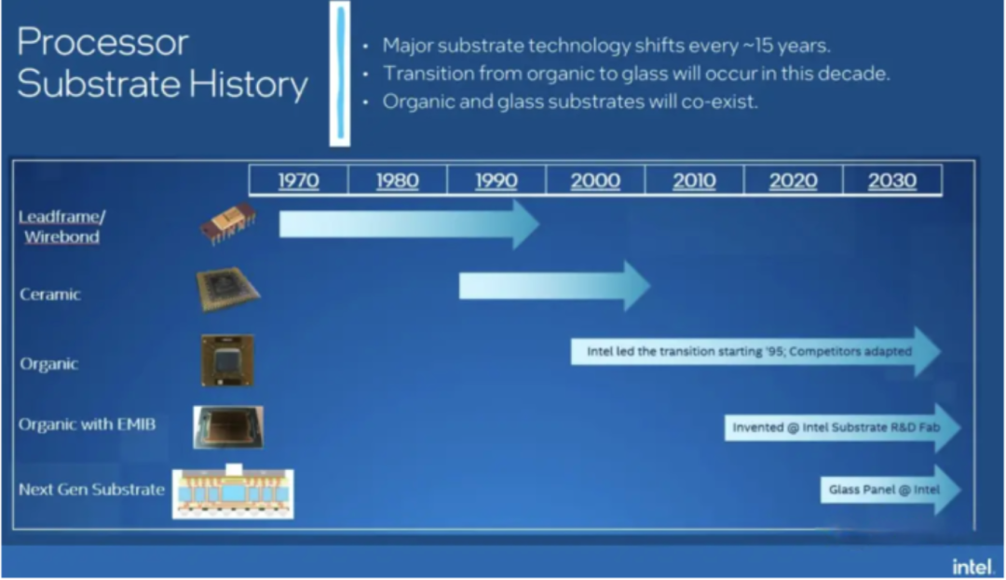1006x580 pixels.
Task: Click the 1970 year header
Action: (298, 180)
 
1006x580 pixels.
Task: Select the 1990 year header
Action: (496, 180)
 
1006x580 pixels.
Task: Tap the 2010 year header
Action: (694, 180)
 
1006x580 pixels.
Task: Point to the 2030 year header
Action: (892, 180)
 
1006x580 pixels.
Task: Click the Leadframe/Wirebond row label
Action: (61, 226)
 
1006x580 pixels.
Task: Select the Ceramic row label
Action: (50, 294)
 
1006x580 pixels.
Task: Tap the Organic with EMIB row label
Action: (87, 425)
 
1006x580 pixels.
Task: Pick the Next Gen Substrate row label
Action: (91, 490)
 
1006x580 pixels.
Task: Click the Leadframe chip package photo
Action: (228, 223)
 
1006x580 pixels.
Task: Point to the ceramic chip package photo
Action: (228, 290)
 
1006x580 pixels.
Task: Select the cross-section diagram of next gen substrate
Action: (233, 492)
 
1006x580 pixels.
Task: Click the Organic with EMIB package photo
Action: (228, 426)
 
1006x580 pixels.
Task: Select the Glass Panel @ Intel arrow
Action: (890, 490)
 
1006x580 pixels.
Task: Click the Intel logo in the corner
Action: (972, 567)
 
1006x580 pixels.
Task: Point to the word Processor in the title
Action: (102, 42)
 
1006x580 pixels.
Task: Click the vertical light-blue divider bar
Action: (340, 73)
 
